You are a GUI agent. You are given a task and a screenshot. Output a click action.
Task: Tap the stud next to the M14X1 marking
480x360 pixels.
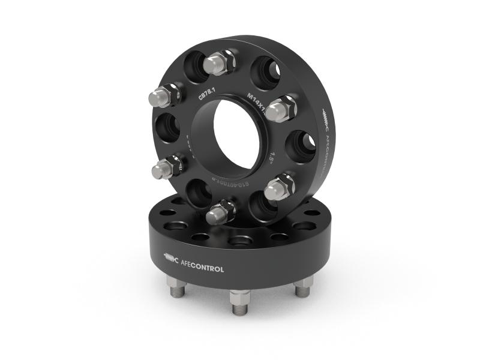click(x=281, y=109)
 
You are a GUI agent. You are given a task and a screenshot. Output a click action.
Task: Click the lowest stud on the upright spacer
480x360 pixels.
click(x=220, y=211)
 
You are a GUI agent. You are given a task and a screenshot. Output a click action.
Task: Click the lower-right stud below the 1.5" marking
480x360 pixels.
click(x=278, y=188)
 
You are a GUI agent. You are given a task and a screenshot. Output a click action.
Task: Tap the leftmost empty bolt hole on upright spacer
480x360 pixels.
click(x=169, y=129)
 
